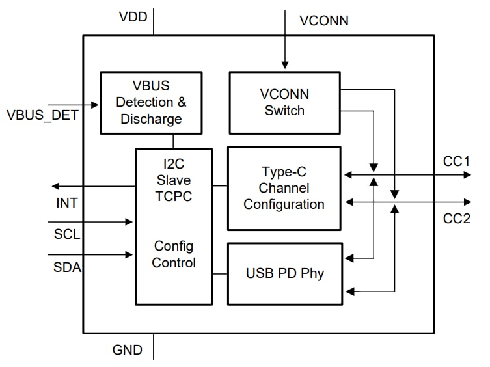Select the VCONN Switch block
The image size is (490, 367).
(x=284, y=102)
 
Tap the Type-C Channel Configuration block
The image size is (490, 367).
(x=284, y=188)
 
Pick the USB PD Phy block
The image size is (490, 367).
(x=284, y=273)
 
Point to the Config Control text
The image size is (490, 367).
(x=174, y=254)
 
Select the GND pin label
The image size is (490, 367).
(x=128, y=350)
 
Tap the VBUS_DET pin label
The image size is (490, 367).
(x=42, y=116)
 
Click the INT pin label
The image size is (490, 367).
(x=66, y=203)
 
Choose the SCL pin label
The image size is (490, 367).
(x=67, y=234)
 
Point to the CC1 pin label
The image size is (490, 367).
(x=456, y=160)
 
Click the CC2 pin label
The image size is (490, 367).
(x=456, y=219)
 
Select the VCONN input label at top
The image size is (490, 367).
(x=323, y=20)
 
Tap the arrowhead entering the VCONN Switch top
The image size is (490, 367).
(x=284, y=65)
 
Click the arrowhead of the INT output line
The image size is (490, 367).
(x=55, y=186)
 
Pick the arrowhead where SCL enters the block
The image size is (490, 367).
(x=130, y=222)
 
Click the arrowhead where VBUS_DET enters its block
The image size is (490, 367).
(x=96, y=104)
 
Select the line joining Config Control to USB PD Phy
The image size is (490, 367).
(x=219, y=273)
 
